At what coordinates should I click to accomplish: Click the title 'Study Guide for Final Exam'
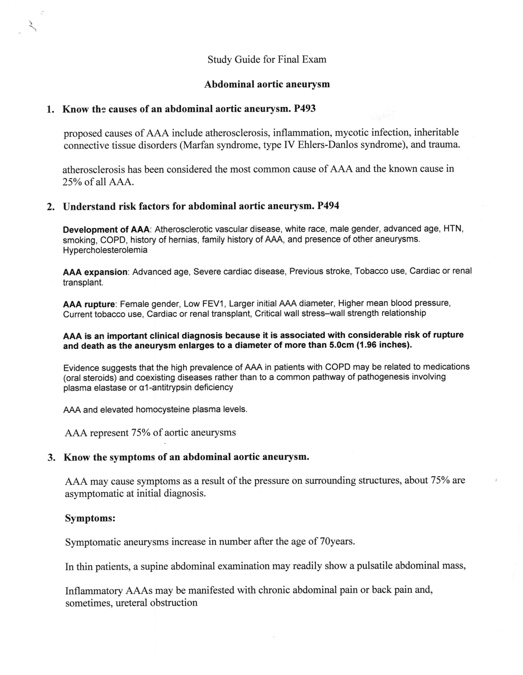tap(267, 59)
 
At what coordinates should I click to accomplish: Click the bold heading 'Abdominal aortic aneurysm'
tap(267, 84)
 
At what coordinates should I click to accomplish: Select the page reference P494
tap(328, 206)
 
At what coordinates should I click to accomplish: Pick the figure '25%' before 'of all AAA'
tap(72, 182)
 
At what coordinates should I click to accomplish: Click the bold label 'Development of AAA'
tap(107, 229)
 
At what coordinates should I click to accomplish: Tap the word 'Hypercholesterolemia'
tap(105, 250)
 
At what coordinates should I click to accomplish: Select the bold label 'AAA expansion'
tap(96, 272)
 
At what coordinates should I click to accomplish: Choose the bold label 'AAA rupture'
tap(90, 304)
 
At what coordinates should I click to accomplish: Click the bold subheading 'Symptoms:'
tap(90, 518)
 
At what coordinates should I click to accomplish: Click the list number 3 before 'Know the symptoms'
tap(51, 457)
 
